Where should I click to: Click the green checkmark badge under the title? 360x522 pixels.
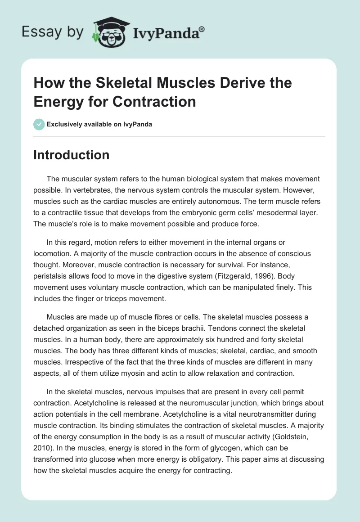click(39, 124)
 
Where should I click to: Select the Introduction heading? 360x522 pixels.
click(72, 155)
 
